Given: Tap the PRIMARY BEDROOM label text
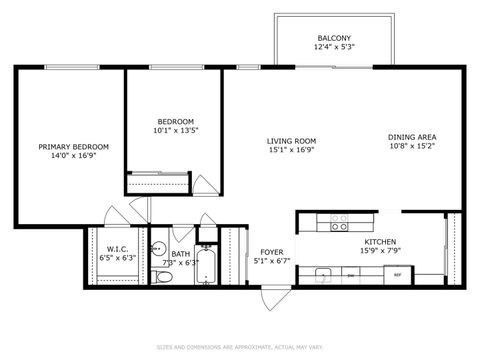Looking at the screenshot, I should click(74, 147).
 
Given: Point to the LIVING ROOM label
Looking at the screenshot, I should click(291, 141).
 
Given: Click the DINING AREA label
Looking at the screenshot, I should click(412, 137).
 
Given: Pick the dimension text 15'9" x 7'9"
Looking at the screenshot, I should click(380, 251).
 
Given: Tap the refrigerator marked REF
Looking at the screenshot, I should click(397, 274).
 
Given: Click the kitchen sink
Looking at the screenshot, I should click(322, 273).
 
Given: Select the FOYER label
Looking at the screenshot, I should click(273, 252).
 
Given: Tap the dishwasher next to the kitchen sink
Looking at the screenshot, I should click(345, 273).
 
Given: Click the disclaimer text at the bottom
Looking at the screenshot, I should click(240, 348).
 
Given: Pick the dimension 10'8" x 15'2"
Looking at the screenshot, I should click(412, 147).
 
